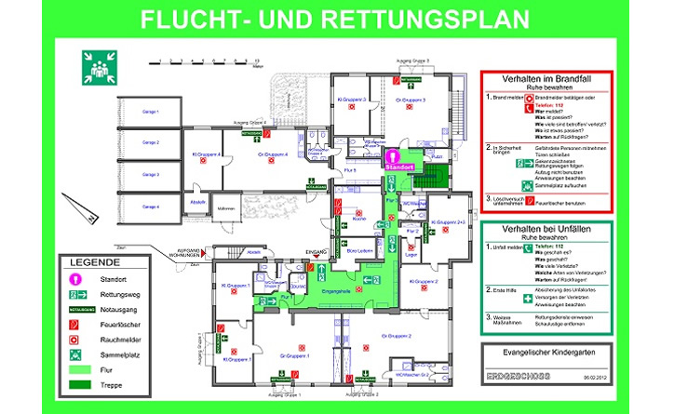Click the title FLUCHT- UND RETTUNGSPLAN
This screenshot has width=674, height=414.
tap(336, 19)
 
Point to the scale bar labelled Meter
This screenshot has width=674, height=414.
tap(208, 62)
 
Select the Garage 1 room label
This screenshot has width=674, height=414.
tap(151, 112)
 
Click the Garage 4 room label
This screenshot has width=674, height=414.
tap(151, 206)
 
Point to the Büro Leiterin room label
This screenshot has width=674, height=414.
tap(359, 251)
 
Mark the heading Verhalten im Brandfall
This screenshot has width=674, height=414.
tap(545, 81)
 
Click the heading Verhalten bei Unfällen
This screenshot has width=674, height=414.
tap(545, 228)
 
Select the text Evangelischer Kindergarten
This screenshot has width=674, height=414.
tap(545, 353)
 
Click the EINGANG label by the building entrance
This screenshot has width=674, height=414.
tap(316, 252)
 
